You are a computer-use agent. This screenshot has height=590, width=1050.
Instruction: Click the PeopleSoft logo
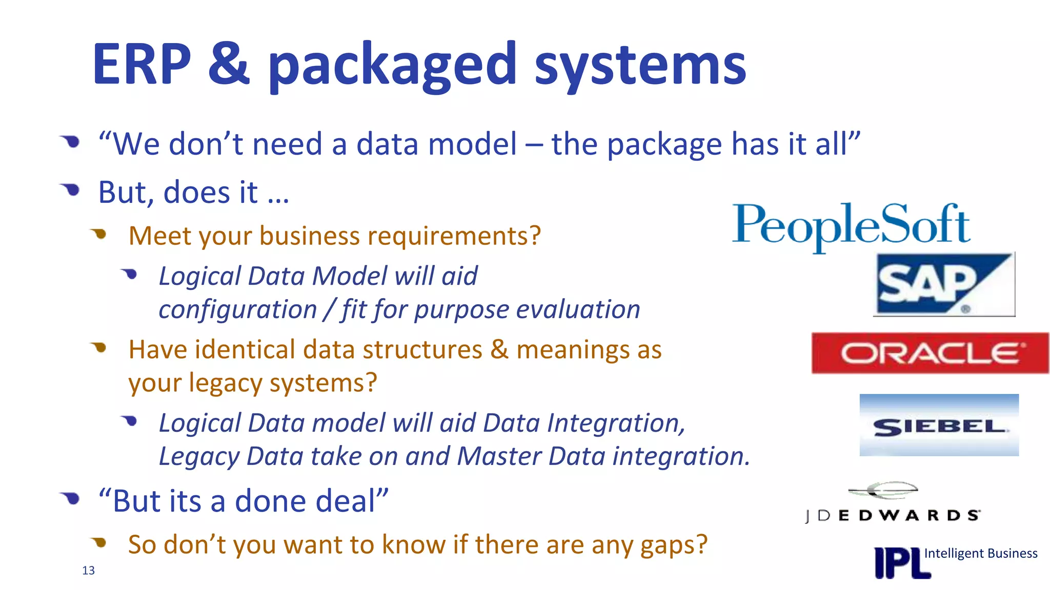[851, 225]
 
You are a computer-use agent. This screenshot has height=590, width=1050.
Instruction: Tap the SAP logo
[943, 285]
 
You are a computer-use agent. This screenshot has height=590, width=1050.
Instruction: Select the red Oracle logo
[930, 353]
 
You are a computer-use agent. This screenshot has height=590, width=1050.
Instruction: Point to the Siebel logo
[939, 426]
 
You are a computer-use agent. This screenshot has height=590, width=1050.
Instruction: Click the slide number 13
[88, 571]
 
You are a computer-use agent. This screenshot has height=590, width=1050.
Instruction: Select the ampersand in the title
[229, 65]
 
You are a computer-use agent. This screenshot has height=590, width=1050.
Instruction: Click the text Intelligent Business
[980, 553]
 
